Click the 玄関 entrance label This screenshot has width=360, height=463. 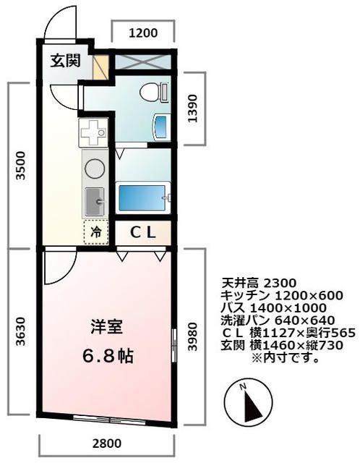(64, 61)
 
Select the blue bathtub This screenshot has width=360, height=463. (142, 196)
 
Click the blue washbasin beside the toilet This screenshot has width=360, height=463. (160, 127)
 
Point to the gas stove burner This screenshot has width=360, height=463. (94, 166)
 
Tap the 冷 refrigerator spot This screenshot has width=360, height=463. (95, 231)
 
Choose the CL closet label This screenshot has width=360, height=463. (143, 231)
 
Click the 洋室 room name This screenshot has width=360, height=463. (106, 326)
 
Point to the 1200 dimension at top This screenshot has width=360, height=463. (143, 32)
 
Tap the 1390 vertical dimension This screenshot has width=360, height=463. (190, 108)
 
